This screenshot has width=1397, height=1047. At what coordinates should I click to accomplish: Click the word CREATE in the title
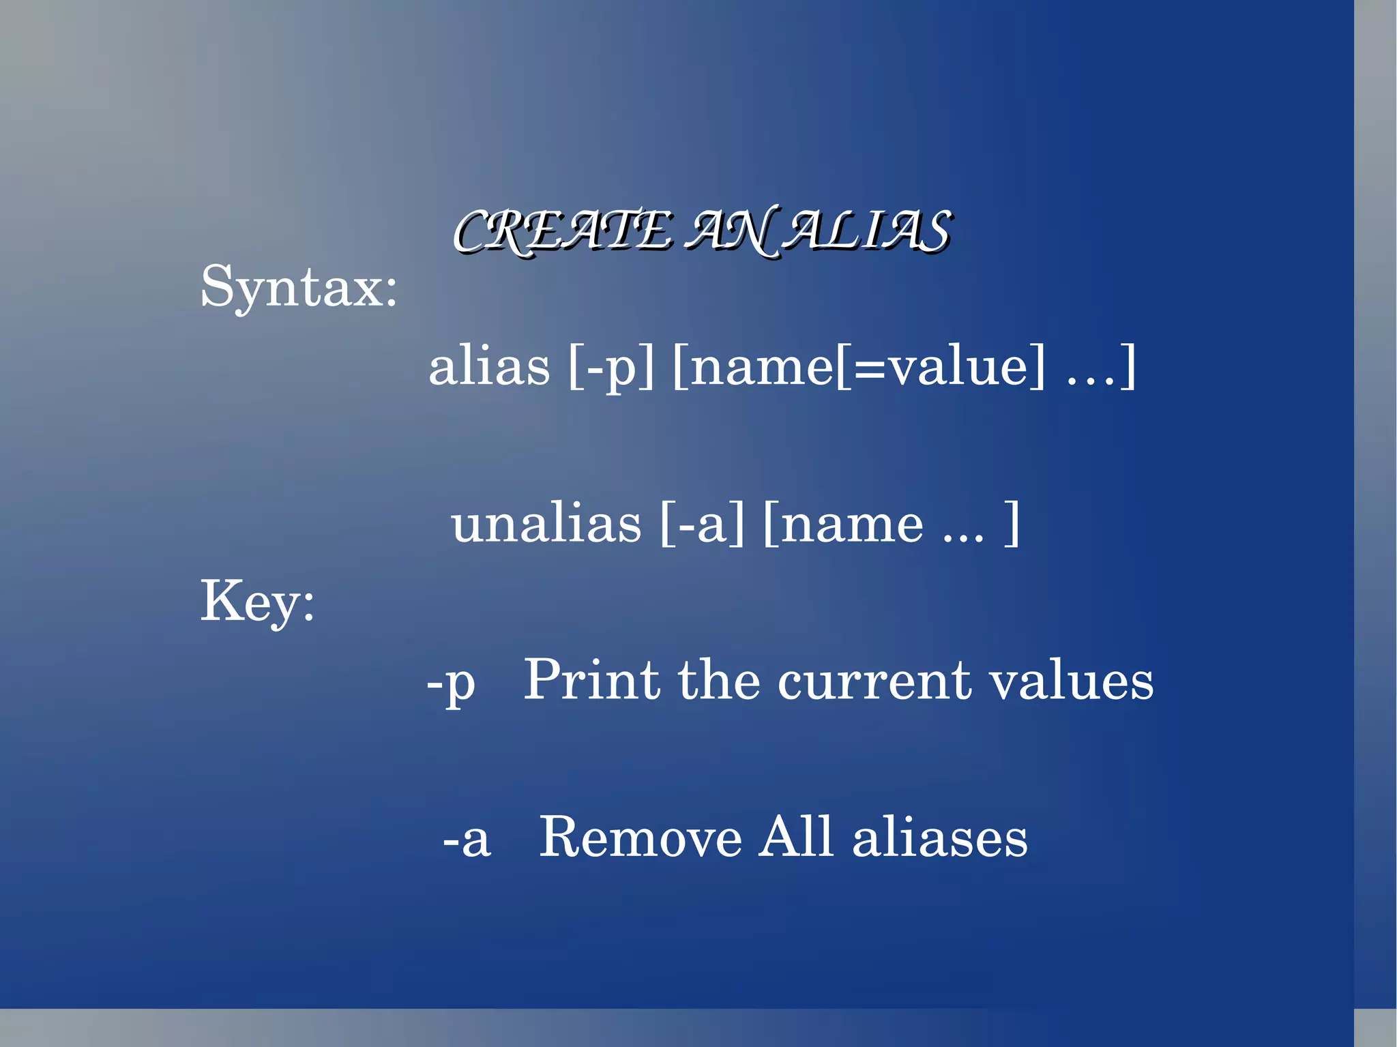pyautogui.click(x=563, y=231)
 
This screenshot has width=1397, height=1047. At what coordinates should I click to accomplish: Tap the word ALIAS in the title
pyautogui.click(x=866, y=231)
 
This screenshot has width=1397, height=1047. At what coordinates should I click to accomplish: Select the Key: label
pyautogui.click(x=257, y=602)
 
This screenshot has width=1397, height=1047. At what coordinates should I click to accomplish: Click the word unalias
pyautogui.click(x=546, y=524)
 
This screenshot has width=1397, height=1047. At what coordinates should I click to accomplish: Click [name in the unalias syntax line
pyautogui.click(x=842, y=524)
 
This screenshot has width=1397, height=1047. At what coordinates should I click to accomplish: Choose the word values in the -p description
pyautogui.click(x=1071, y=681)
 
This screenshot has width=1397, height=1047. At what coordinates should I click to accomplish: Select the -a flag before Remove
pyautogui.click(x=467, y=839)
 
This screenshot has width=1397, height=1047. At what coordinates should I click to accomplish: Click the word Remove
pyautogui.click(x=640, y=838)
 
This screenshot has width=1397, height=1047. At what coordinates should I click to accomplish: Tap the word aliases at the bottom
pyautogui.click(x=939, y=838)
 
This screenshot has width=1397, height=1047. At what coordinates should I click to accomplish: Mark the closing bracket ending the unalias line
pyautogui.click(x=1012, y=524)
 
